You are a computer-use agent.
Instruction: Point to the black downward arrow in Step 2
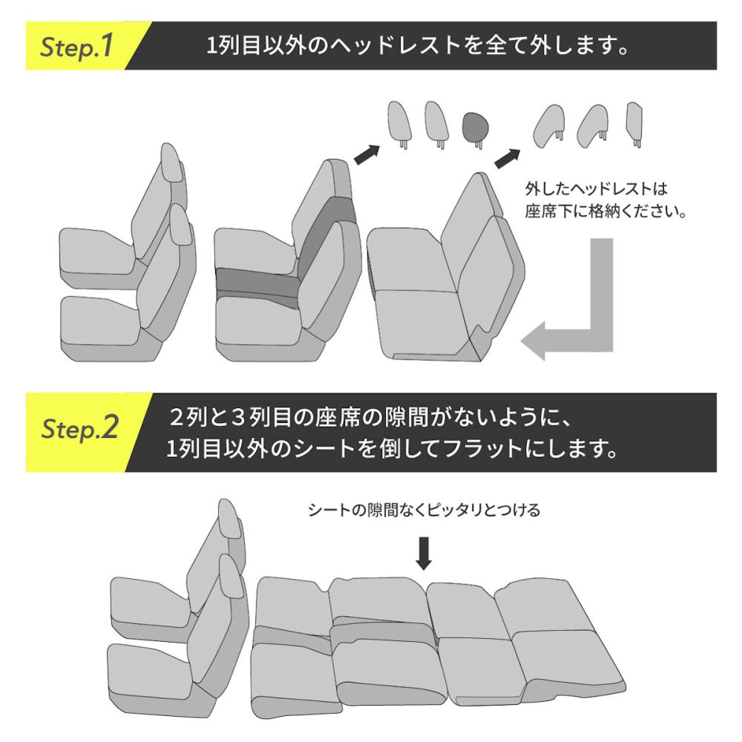[x=424, y=554]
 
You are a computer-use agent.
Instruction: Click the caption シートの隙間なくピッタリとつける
[x=424, y=511]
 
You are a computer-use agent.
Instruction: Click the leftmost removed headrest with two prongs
[x=404, y=122]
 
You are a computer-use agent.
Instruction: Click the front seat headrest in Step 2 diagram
[x=230, y=527]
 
